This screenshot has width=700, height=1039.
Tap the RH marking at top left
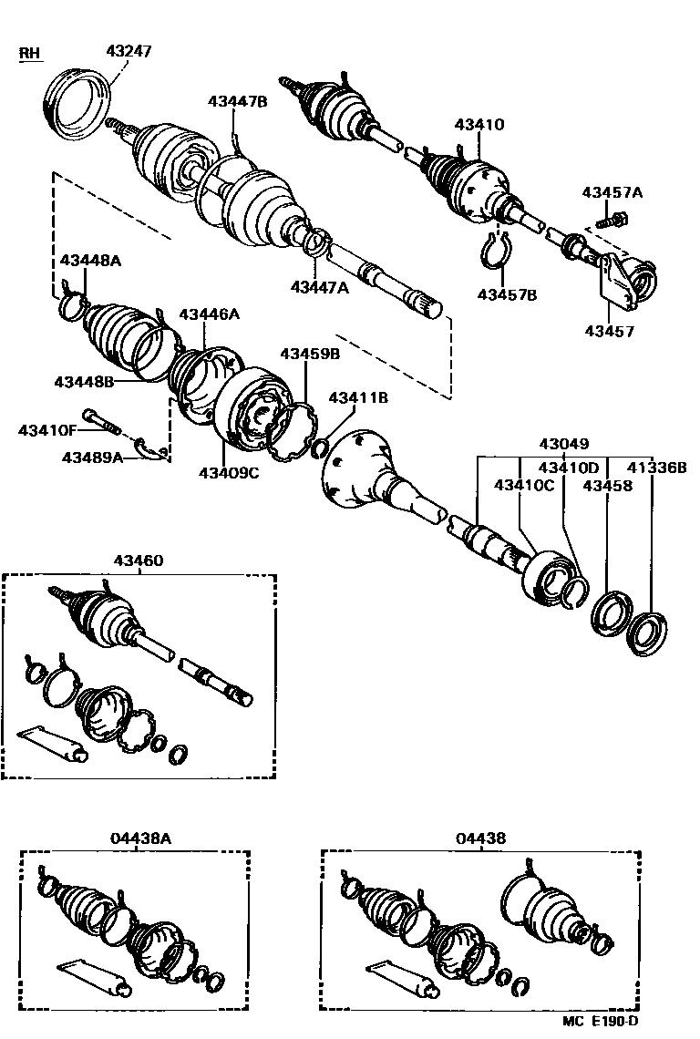tap(31, 54)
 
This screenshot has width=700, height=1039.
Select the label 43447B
tap(237, 101)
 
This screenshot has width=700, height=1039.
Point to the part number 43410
tap(479, 125)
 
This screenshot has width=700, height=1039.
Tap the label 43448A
tap(91, 261)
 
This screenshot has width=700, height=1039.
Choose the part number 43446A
tap(209, 314)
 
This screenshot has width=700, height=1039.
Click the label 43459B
tap(309, 353)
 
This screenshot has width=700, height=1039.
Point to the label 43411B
tap(358, 397)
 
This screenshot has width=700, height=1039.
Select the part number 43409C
tap(229, 472)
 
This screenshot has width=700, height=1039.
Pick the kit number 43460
tap(139, 561)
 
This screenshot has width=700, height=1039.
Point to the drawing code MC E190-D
tap(601, 1022)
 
